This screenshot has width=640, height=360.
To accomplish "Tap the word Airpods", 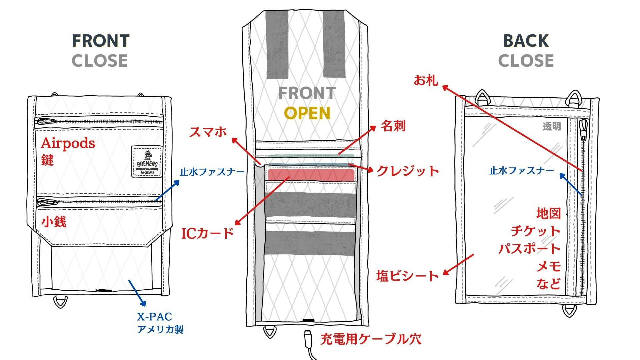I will [x=68, y=143].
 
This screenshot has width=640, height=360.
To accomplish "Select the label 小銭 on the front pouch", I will [x=54, y=222].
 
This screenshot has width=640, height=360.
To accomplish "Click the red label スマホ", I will [x=208, y=132].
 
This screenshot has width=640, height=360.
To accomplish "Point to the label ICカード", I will [x=207, y=233].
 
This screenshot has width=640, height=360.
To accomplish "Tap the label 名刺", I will [x=393, y=126].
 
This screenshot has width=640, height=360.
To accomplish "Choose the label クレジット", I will [x=408, y=171].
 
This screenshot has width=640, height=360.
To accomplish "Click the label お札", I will [x=426, y=80].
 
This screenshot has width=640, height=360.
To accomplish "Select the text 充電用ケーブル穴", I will [x=371, y=339].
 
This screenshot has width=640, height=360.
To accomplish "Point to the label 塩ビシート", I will [x=407, y=276].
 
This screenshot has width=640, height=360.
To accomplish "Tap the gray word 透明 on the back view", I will [x=552, y=126].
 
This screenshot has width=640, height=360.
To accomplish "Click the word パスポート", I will [x=529, y=249].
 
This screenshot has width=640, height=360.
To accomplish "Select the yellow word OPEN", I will [x=307, y=113].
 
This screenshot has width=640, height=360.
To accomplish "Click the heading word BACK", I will [x=526, y=41].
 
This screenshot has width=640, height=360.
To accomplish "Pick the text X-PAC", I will [x=154, y=316].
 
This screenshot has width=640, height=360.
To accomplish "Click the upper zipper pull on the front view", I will [x=46, y=121].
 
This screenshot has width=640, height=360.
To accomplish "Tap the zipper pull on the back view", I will [x=583, y=130].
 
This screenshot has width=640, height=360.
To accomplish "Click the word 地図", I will [x=548, y=213].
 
